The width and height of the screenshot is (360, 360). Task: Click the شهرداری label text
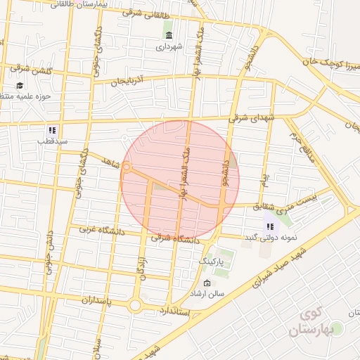coord(169,48)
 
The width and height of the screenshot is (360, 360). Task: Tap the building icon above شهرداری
coord(169,35)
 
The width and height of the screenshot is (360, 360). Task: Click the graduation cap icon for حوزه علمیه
coord(20,85)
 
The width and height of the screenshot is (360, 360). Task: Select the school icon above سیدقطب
coord(51,129)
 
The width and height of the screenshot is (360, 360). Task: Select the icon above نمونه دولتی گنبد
coord(270,226)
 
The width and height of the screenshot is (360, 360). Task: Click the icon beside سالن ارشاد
coord(206,283)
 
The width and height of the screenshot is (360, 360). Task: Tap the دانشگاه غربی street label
coord(96,230)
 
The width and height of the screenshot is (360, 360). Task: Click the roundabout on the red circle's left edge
coord(127,167)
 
